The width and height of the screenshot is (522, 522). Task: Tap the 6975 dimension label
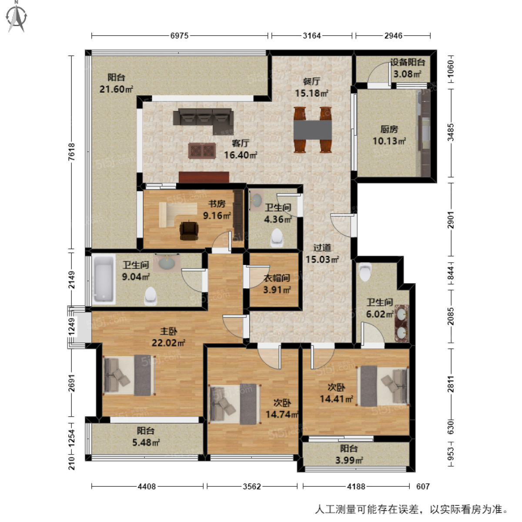[x=179, y=36]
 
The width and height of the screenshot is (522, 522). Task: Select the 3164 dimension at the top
[x=312, y=36]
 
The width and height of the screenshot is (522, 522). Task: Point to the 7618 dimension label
[x=72, y=152]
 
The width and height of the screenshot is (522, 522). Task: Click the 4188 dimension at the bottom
[x=356, y=486]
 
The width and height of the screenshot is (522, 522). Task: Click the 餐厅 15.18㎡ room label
[x=311, y=87]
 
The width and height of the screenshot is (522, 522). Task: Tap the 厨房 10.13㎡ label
[x=389, y=135]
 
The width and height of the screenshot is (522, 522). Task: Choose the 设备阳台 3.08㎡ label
[x=407, y=68]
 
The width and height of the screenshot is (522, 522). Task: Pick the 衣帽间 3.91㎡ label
[x=277, y=284]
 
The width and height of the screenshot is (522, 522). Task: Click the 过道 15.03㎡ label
[x=322, y=254]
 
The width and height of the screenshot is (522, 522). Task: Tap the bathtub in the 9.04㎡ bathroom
[x=104, y=280]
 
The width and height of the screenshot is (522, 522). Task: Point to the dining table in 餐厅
[x=313, y=130]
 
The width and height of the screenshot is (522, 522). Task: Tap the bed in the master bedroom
[x=129, y=375]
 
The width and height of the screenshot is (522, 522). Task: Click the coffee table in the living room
[x=202, y=151]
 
